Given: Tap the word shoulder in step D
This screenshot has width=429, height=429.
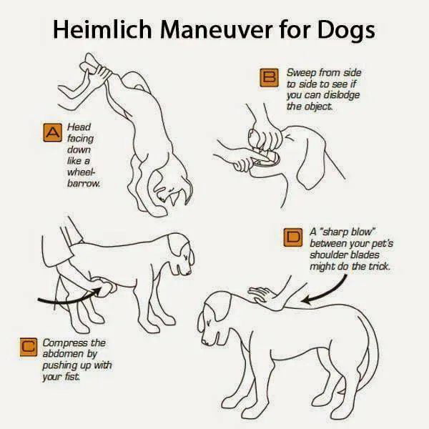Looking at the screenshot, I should tap(329, 255).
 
